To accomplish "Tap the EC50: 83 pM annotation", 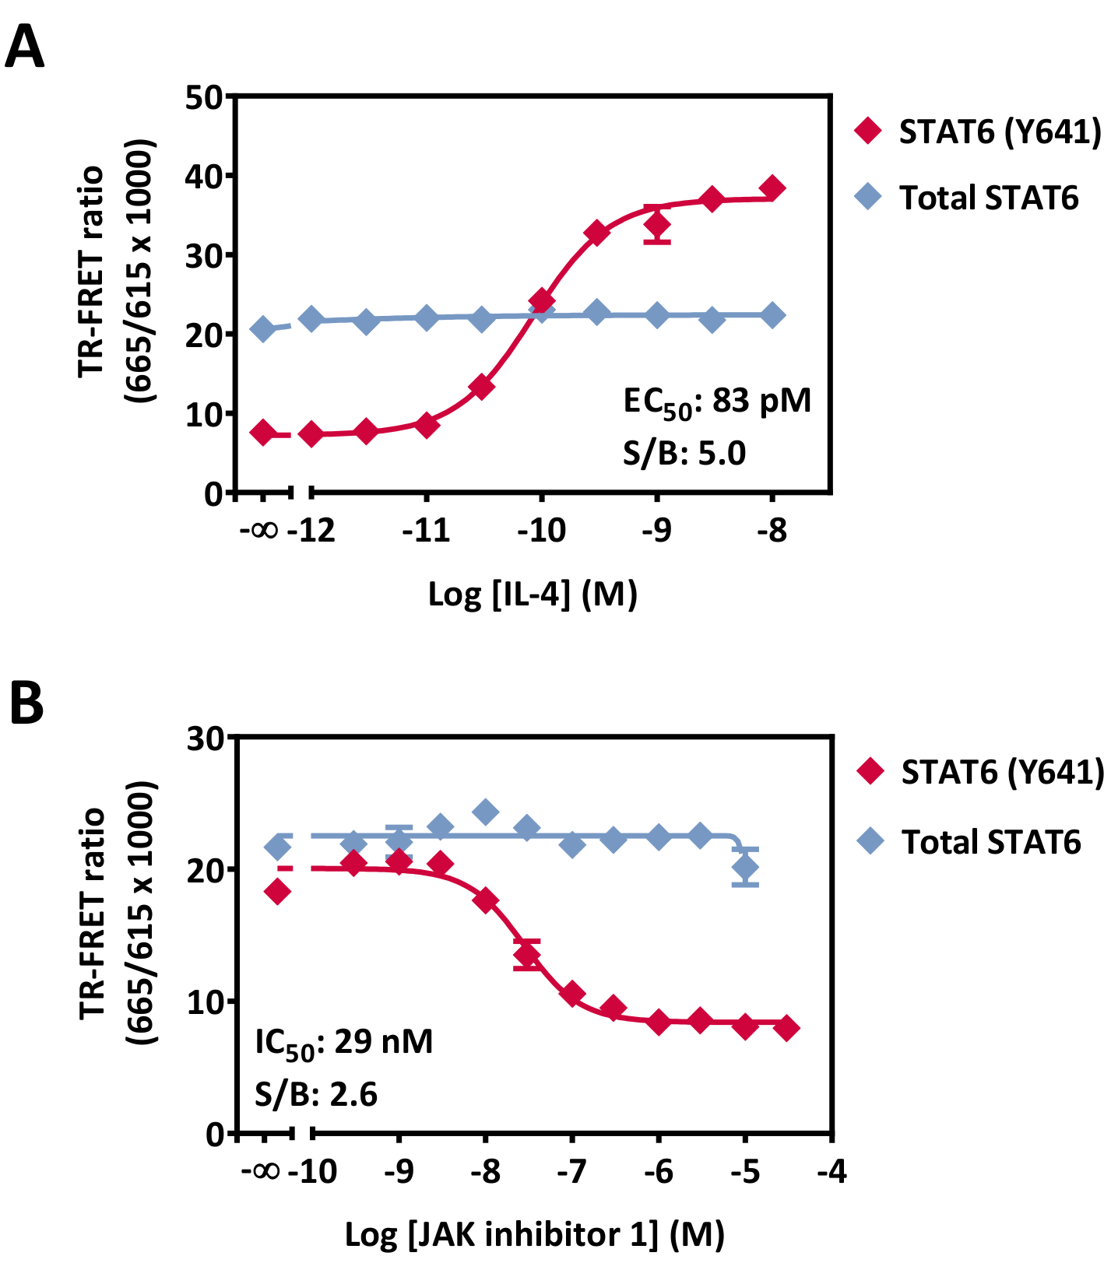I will pos(716,402).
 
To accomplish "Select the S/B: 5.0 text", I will pos(684,453).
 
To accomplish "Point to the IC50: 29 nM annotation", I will pos(343,1043).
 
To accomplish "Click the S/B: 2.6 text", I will pos(315,1094).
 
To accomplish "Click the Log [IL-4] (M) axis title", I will pos(533,595).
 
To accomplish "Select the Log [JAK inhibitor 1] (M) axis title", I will pos(534,1234).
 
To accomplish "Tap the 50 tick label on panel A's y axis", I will pos(204,98).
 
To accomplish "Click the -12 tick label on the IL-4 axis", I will pos(311,531).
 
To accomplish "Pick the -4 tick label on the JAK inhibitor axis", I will pos(831,1170).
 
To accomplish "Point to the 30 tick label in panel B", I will pos(206,738).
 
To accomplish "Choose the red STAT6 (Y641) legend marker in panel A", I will pos(868,131).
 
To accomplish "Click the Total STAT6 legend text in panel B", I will pos(991,842).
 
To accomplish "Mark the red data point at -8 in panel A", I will pos(772,188).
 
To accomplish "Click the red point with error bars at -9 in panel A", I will pos(657,226).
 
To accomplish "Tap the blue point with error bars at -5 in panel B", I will pos(745,867).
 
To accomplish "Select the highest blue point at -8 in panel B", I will pos(485,812).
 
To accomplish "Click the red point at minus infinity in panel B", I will pos(277,892).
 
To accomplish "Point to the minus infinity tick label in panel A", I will pos(259,531).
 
